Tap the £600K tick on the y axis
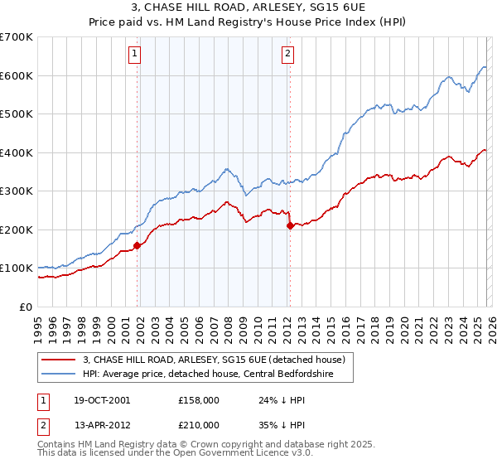(16, 75)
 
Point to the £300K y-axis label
(16, 191)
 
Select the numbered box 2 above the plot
(287, 55)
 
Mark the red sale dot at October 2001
(137, 245)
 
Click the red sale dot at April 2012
(289, 225)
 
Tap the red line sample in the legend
(59, 360)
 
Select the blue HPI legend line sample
(59, 375)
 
